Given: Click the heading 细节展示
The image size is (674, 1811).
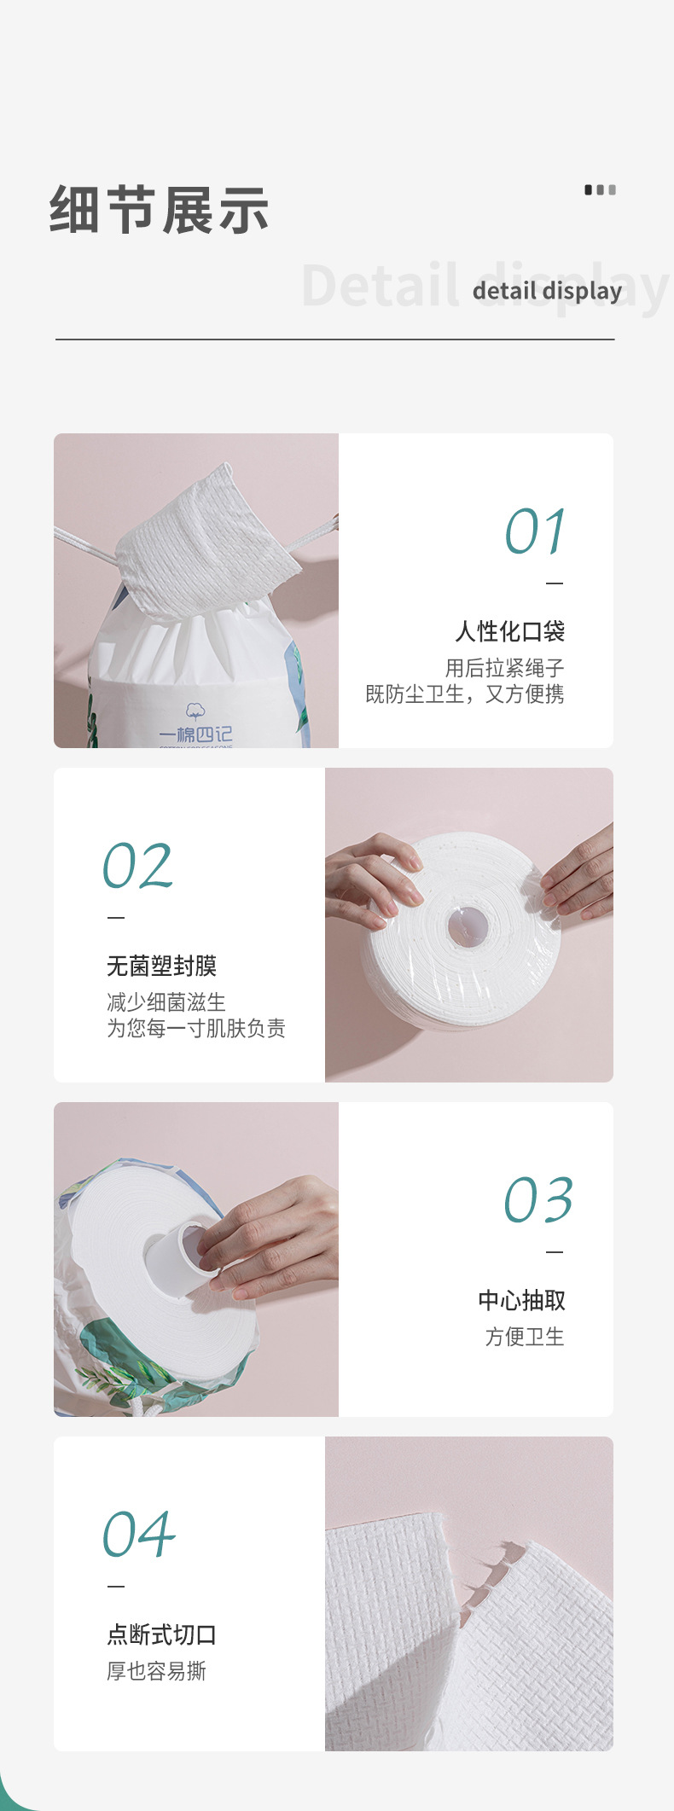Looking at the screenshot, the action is [160, 210].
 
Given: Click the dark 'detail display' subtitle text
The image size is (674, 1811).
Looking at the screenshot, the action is [547, 291].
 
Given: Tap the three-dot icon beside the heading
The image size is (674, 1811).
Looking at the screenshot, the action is [600, 189].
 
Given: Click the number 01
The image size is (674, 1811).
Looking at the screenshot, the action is [535, 531].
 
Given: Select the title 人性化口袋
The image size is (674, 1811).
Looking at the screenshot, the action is [509, 631].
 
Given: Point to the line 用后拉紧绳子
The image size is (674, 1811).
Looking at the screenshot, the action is [504, 668].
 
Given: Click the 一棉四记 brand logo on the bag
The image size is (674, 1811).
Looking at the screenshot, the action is [195, 726].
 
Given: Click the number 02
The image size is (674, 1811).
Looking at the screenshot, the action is [138, 866].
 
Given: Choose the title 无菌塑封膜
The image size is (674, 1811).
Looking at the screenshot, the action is [161, 966].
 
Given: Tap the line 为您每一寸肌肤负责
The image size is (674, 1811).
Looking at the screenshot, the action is [196, 1028].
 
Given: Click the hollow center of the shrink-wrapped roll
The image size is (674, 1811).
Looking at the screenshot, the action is [468, 926].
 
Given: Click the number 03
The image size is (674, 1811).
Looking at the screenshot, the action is [538, 1200].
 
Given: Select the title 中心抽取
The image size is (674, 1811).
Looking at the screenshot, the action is [521, 1300].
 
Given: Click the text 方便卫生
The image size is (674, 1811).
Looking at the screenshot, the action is [525, 1337].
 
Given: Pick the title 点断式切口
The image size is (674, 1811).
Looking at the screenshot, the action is [161, 1634].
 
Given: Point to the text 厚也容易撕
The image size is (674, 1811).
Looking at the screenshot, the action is [156, 1671].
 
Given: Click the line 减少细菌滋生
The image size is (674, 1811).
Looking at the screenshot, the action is [166, 1001].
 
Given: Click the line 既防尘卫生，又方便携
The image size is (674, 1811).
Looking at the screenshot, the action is [465, 694].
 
